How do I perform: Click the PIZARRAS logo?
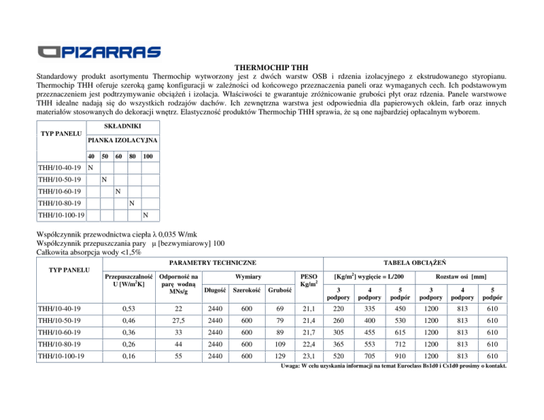(100, 52)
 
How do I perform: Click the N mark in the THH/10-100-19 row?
(145, 215)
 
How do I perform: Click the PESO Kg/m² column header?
(309, 279)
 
